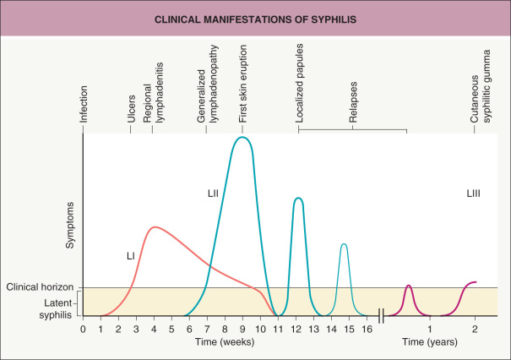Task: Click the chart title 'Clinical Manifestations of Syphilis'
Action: pyautogui.click(x=255, y=19)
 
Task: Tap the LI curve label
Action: pyautogui.click(x=131, y=254)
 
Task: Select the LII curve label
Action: pyautogui.click(x=213, y=194)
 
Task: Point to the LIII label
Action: pyautogui.click(x=474, y=194)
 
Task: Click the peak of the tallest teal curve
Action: pyautogui.click(x=242, y=137)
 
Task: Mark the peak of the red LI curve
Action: pyautogui.click(x=154, y=226)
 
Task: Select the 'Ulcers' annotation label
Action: pyautogui.click(x=131, y=109)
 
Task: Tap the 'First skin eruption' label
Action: pyautogui.click(x=242, y=90)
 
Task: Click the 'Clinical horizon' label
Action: pyautogui.click(x=37, y=287)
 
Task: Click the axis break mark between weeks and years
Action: pyautogui.click(x=382, y=315)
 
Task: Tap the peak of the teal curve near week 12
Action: pyautogui.click(x=297, y=199)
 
